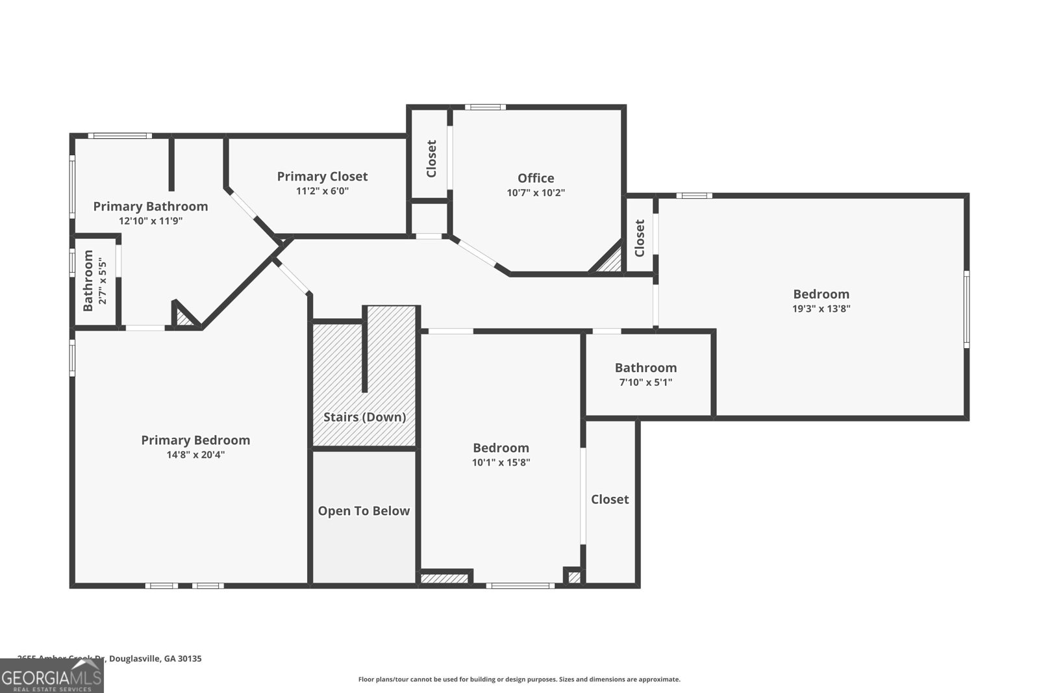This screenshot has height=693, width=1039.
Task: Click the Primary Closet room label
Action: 322,177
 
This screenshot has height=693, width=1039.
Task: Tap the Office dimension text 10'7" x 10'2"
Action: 536,193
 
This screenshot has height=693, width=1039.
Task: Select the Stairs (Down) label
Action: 364,417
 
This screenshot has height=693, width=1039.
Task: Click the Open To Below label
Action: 364,511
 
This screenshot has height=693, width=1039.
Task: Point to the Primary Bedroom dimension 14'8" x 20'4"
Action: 195,455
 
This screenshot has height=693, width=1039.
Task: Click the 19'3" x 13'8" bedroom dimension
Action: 821,309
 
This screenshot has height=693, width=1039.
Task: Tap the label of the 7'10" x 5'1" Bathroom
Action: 645,368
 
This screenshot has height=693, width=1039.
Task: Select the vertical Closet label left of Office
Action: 431,159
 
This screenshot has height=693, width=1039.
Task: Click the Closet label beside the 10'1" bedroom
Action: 610,499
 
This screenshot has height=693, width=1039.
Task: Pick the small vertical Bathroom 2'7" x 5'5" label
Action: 88,281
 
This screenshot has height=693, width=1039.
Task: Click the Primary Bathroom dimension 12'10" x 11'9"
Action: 151,221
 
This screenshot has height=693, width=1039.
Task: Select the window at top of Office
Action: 485,107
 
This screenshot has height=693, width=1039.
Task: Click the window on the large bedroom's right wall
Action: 966,309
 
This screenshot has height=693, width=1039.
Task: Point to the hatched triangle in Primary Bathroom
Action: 184,318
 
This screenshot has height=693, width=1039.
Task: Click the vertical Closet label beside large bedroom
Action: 640,238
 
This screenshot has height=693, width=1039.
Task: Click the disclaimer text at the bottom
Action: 519,679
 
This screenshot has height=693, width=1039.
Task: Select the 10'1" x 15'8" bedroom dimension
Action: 501,463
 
